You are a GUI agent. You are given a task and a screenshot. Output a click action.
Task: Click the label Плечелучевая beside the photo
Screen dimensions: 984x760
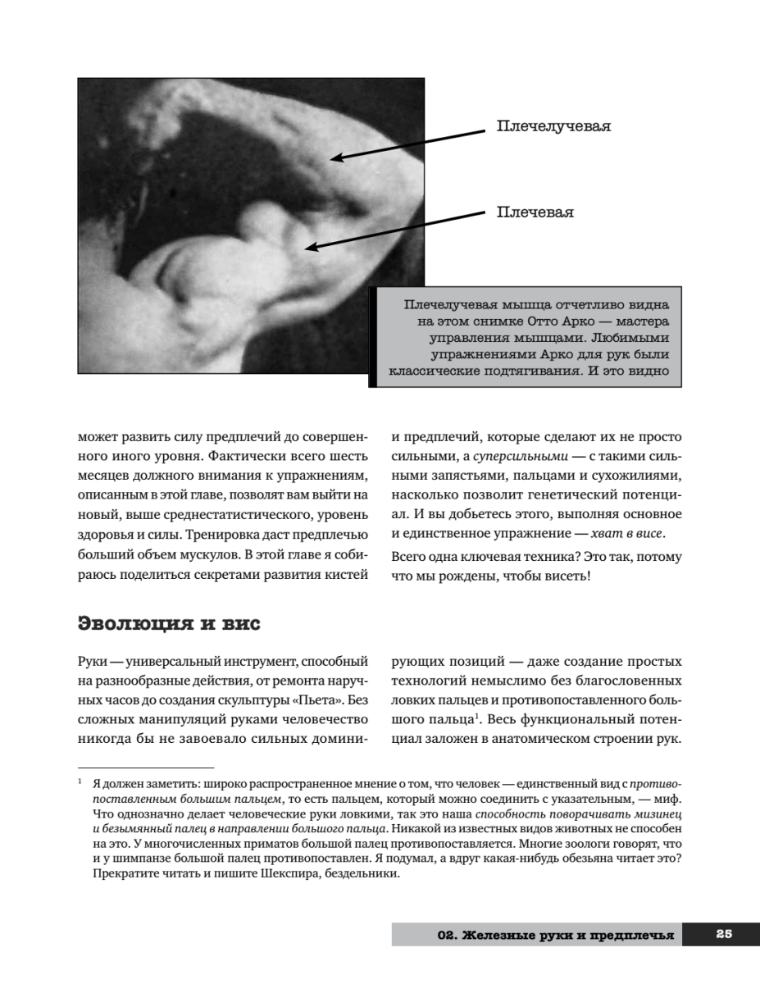tap(553, 126)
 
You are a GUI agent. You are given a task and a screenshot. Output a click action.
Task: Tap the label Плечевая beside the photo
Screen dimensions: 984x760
tap(535, 212)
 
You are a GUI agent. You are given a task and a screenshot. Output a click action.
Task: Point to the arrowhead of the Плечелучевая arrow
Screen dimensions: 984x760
tap(334, 158)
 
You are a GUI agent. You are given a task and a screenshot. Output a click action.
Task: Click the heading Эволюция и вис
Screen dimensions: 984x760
tap(169, 624)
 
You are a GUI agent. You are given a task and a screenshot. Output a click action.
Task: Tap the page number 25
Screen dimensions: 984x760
tap(723, 933)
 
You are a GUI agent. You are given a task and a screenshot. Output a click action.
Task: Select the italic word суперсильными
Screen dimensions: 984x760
tap(512, 455)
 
